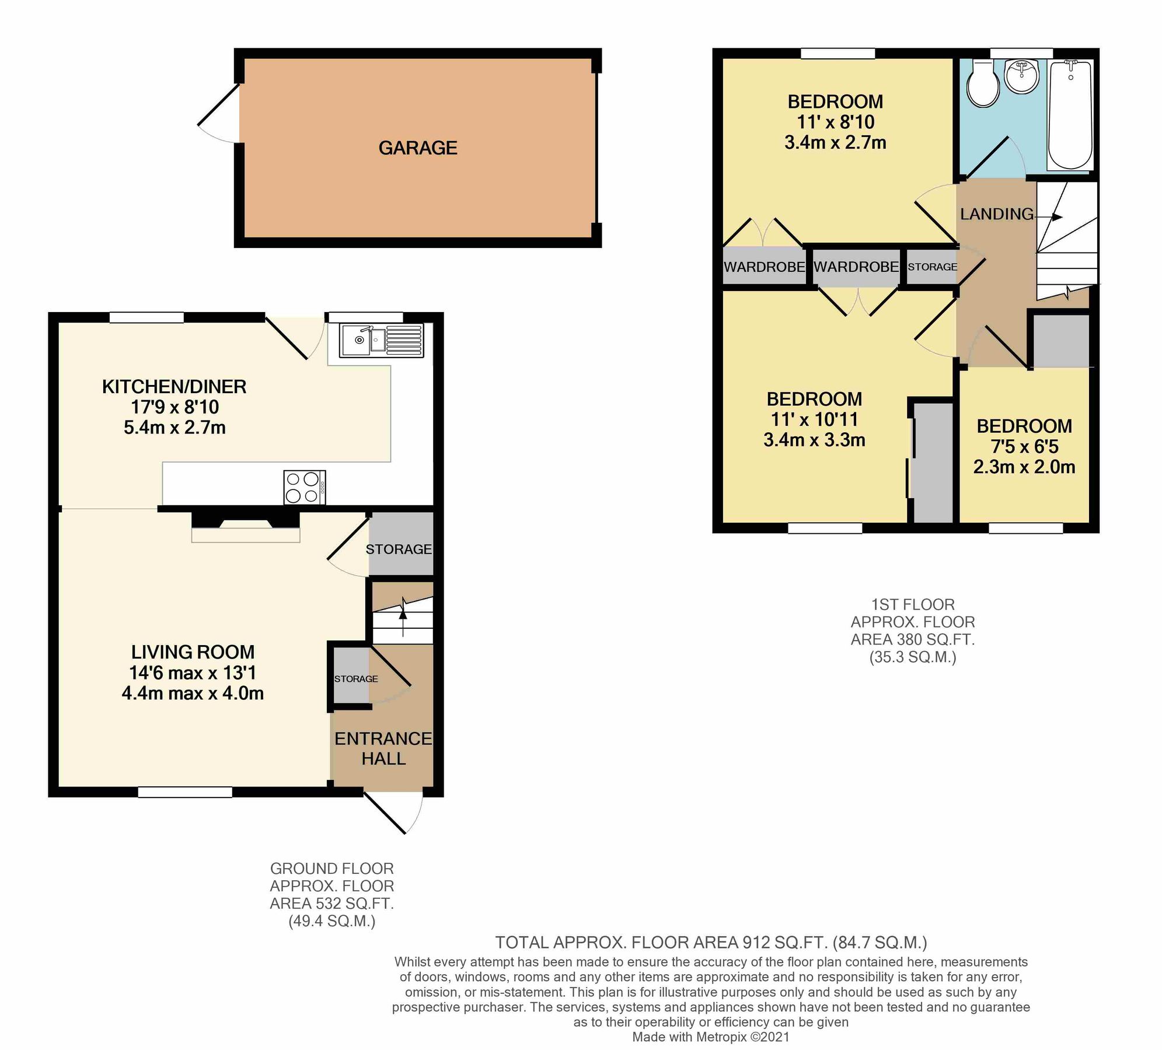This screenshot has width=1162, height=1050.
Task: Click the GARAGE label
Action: tap(417, 148)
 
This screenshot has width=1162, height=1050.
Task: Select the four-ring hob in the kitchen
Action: tap(304, 487)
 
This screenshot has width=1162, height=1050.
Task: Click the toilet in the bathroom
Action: tap(983, 87)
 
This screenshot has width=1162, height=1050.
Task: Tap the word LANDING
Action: tap(997, 214)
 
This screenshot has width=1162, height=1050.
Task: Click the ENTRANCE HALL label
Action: tap(383, 748)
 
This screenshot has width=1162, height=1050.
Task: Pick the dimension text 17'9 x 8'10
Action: tap(175, 407)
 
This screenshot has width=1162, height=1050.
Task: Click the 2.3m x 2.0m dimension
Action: tap(1024, 467)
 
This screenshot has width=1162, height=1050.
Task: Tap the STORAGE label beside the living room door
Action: tap(399, 549)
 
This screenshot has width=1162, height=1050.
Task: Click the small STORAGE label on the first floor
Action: tap(932, 267)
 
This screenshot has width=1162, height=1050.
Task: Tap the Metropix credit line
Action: tap(710, 1037)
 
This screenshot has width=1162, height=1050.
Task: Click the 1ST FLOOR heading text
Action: tap(913, 604)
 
